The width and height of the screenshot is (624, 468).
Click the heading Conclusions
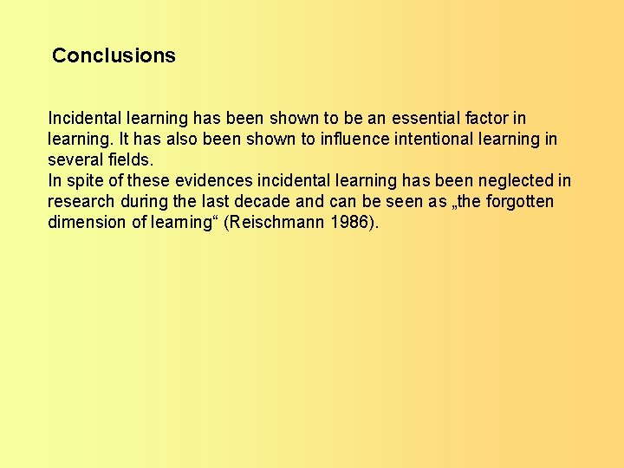[x=114, y=55]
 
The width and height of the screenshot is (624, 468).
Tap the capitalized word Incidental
[x=86, y=118]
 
